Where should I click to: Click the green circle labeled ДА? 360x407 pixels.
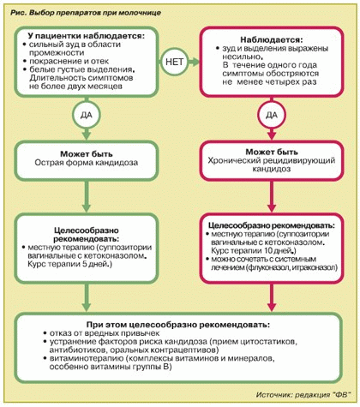pyautogui.click(x=87, y=115)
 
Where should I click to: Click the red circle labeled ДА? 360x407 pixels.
pyautogui.click(x=272, y=115)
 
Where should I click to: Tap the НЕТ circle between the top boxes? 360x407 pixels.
pyautogui.click(x=174, y=62)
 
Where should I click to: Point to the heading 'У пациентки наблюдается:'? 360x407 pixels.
pyautogui.click(x=87, y=36)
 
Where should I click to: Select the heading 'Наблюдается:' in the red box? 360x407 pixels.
pyautogui.click(x=271, y=39)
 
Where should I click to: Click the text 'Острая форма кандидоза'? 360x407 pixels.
pyautogui.click(x=87, y=163)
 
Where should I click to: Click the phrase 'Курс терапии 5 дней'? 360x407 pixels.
pyautogui.click(x=68, y=264)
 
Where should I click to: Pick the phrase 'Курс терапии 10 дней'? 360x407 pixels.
pyautogui.click(x=250, y=251)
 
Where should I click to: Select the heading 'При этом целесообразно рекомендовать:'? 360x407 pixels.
pyautogui.click(x=178, y=325)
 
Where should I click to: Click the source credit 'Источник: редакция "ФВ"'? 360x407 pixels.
pyautogui.click(x=303, y=395)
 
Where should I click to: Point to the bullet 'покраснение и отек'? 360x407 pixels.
pyautogui.click(x=69, y=61)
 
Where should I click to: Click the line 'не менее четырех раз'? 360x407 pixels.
pyautogui.click(x=269, y=82)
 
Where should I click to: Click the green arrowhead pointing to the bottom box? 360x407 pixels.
pyautogui.click(x=87, y=306)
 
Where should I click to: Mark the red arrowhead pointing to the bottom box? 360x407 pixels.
pyautogui.click(x=272, y=306)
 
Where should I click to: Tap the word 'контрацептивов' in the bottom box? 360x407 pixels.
pyautogui.click(x=184, y=350)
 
